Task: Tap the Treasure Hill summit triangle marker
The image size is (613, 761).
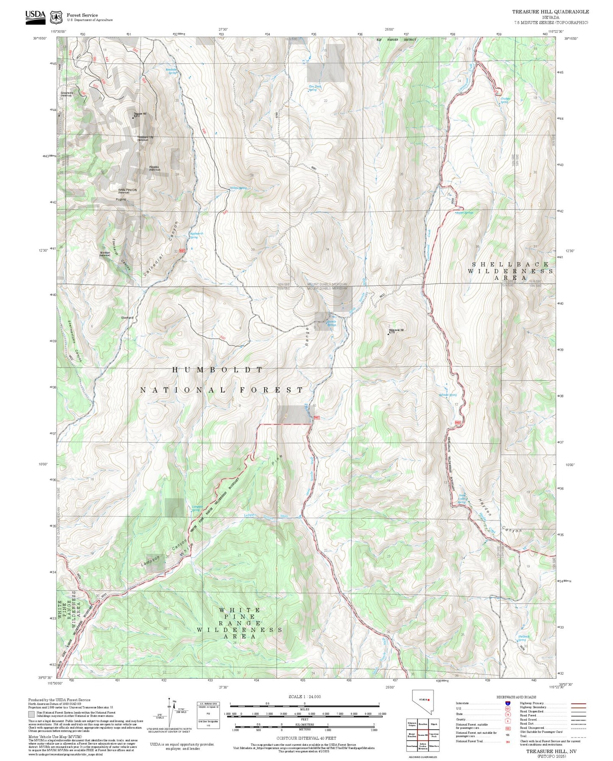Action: pos(133,118)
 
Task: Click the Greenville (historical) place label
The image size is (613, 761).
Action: pos(67,94)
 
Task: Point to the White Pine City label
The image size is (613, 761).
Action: pos(128,190)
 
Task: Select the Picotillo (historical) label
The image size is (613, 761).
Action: pos(154,168)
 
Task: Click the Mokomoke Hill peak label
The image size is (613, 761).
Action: pos(397,330)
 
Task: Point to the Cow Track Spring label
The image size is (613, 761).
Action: pos(314,88)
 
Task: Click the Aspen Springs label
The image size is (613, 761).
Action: pos(465,213)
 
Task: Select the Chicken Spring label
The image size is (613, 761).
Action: pos(505,100)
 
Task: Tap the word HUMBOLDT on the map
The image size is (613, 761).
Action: pos(217,370)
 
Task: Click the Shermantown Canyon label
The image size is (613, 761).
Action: pos(74,341)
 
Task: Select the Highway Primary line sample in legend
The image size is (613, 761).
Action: pos(579,703)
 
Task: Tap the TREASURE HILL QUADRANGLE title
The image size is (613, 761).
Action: pos(550,12)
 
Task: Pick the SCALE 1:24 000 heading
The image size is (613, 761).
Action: pos(305,697)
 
